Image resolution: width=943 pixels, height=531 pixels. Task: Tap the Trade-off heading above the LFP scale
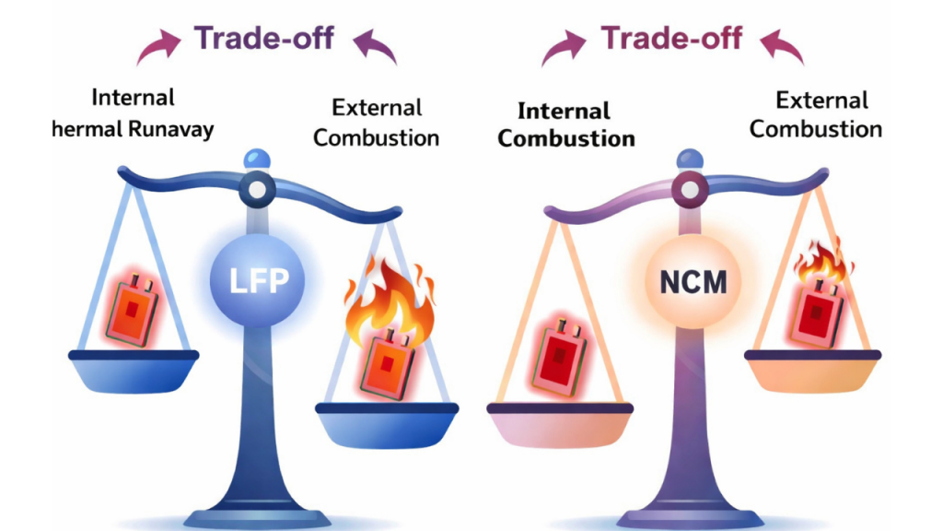point(263,39)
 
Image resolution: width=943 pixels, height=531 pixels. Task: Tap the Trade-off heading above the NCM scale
point(671,39)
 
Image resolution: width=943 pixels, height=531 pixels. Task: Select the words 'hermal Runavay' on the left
point(134,128)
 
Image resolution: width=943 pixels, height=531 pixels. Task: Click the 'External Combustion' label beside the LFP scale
point(376,123)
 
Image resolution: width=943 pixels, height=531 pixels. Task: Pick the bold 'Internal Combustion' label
point(566,125)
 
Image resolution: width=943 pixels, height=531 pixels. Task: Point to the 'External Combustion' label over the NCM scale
point(816,114)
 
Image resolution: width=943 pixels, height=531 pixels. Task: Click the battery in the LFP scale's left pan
point(132,307)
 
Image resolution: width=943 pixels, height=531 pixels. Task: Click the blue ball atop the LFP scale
point(257,159)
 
